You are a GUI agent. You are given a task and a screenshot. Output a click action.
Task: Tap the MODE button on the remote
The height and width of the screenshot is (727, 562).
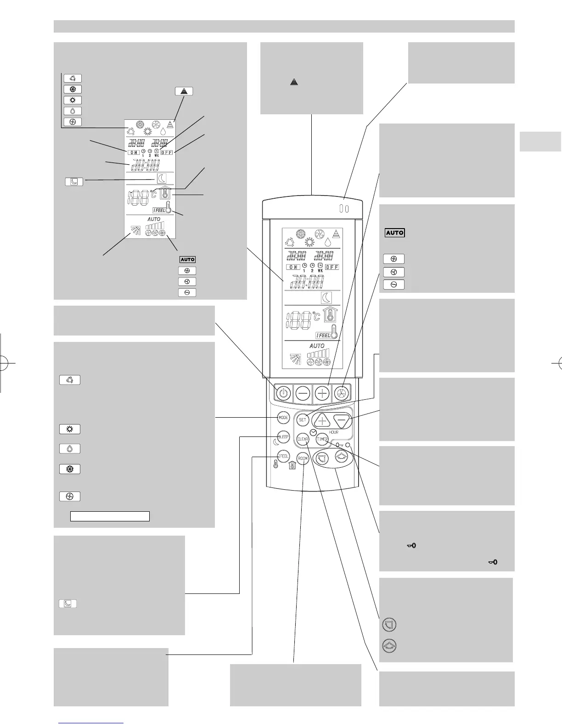(283, 418)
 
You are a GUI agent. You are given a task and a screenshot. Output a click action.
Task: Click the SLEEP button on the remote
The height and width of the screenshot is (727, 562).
(284, 437)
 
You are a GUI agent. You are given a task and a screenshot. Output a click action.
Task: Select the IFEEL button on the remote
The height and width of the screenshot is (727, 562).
(283, 457)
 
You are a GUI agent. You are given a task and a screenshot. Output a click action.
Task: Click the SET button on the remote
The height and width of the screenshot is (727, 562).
(302, 419)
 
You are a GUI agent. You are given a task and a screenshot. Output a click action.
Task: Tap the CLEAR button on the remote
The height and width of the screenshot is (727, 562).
(303, 439)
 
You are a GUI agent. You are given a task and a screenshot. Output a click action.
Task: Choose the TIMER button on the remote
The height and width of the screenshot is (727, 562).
(322, 439)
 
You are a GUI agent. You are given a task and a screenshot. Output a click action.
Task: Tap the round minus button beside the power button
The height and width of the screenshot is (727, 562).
(303, 393)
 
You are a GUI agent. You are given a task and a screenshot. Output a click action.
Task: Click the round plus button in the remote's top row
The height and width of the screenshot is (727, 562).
(322, 393)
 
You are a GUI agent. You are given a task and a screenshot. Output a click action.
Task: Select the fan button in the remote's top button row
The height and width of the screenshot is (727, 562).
(341, 393)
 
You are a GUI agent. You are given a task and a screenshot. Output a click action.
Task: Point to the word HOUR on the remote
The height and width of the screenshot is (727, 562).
(334, 432)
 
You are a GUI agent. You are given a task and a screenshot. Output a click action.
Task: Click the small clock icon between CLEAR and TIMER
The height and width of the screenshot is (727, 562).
(313, 432)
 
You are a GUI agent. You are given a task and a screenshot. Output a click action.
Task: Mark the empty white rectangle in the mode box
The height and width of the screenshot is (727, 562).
(110, 516)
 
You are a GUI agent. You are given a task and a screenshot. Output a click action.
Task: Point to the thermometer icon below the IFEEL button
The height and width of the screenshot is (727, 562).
(276, 465)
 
